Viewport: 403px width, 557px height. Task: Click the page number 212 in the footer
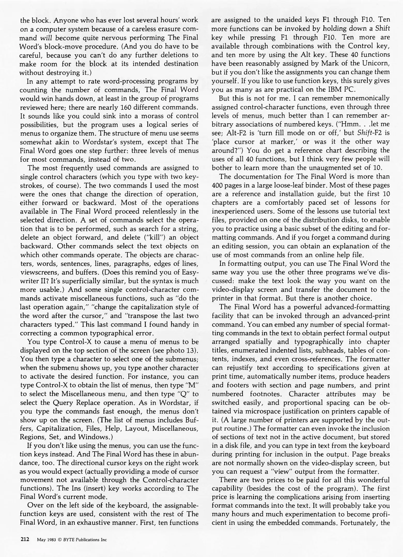tap(25, 539)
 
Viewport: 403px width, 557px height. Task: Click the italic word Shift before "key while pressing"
tap(382, 29)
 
